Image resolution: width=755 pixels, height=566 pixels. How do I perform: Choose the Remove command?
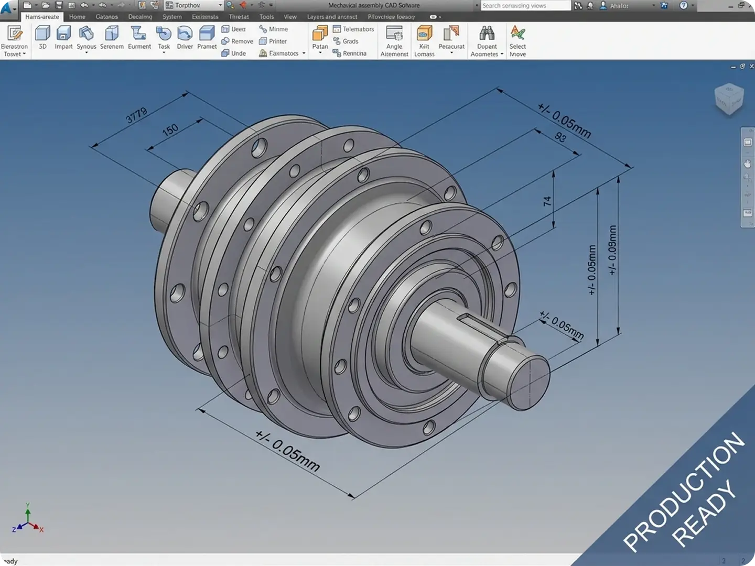[237, 41]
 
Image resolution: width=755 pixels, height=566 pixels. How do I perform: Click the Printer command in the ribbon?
[273, 41]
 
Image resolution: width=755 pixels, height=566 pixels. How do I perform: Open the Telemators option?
[353, 29]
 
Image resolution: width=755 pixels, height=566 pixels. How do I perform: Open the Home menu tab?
[77, 17]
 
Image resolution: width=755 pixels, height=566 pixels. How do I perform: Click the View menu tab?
[290, 17]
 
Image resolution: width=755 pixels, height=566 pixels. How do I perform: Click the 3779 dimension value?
[136, 115]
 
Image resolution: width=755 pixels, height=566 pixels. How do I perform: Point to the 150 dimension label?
[170, 129]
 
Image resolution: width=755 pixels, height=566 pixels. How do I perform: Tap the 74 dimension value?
[547, 201]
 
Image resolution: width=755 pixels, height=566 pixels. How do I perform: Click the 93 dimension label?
[560, 137]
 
